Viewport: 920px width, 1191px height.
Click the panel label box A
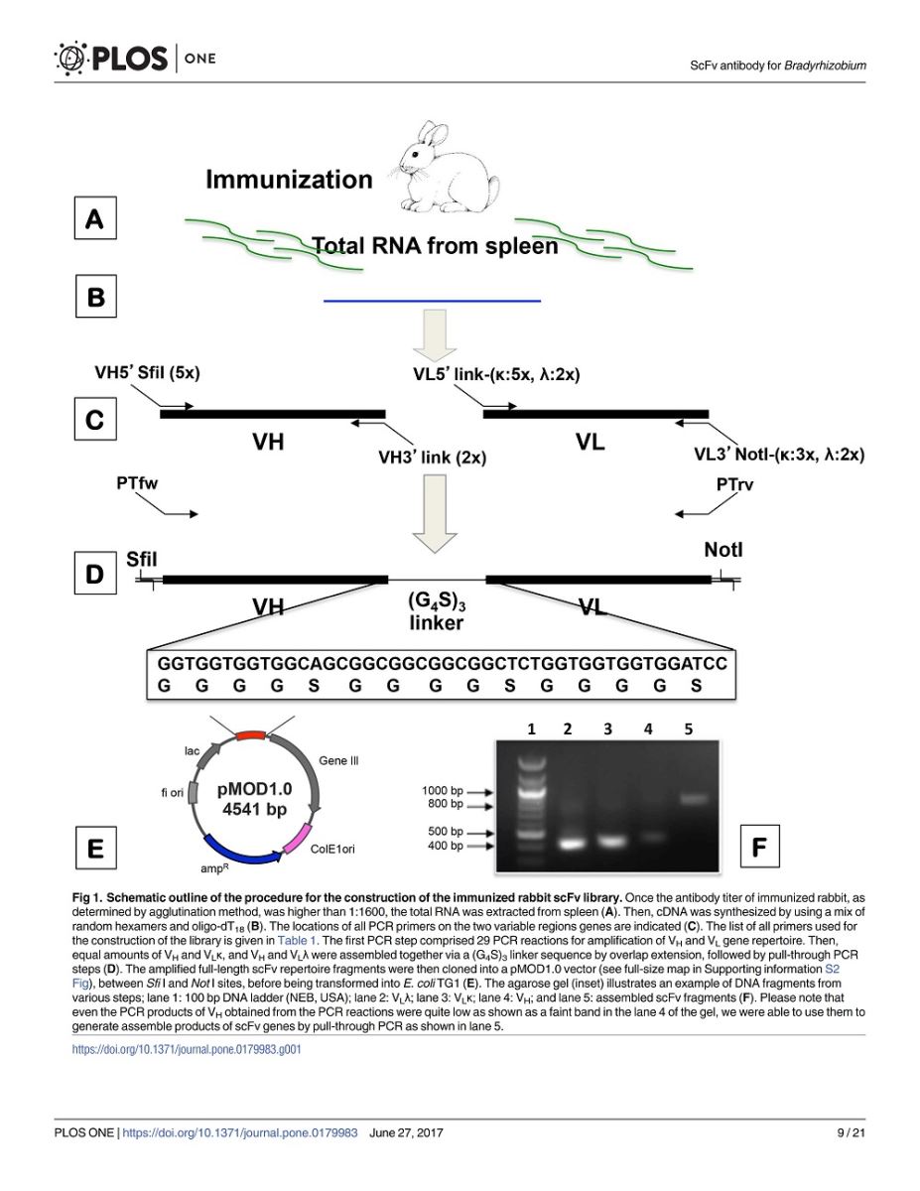(x=95, y=218)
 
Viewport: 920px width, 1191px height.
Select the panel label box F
(x=759, y=847)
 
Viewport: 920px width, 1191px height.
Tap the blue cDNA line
(x=433, y=301)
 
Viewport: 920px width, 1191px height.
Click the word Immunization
(x=289, y=180)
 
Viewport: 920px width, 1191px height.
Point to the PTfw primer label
(x=137, y=483)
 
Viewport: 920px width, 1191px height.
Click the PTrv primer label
(x=734, y=484)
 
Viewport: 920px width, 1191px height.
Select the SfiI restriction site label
(x=141, y=559)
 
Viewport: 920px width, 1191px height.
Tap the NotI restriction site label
(x=723, y=549)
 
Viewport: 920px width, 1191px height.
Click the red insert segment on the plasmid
(x=250, y=735)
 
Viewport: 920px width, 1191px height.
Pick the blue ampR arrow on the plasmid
(x=242, y=851)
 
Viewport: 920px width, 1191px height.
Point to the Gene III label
(x=338, y=760)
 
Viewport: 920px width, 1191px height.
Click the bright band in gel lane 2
(x=571, y=844)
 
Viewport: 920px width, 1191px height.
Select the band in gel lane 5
(x=695, y=799)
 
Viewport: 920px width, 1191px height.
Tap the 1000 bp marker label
(x=443, y=790)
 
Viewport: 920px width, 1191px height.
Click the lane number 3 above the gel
(x=607, y=728)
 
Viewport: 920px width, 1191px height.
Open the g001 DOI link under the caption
(x=187, y=1049)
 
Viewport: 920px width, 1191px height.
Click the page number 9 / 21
(x=851, y=1132)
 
